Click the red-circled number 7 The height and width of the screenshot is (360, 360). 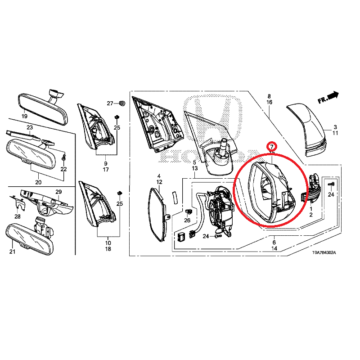pyautogui.click(x=272, y=147)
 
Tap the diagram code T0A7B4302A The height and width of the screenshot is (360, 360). pyautogui.click(x=324, y=253)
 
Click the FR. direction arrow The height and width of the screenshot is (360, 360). pyautogui.click(x=328, y=97)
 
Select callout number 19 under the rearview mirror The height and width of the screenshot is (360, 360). pyautogui.click(x=24, y=116)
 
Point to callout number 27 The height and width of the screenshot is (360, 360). pyautogui.click(x=110, y=103)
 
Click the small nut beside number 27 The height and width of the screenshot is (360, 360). pyautogui.click(x=122, y=103)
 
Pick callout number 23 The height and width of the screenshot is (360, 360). pyautogui.click(x=30, y=127)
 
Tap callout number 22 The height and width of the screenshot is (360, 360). pyautogui.click(x=63, y=169)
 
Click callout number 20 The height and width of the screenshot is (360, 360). pyautogui.click(x=38, y=182)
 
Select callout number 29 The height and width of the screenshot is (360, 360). pyautogui.click(x=58, y=192)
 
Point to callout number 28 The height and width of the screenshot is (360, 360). pyautogui.click(x=18, y=216)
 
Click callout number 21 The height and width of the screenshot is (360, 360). pyautogui.click(x=13, y=252)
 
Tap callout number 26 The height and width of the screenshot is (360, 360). pyautogui.click(x=187, y=220)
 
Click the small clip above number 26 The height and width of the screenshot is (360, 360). pyautogui.click(x=188, y=211)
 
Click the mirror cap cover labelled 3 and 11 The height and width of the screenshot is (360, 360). pyautogui.click(x=307, y=130)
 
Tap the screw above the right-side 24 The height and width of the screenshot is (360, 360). pyautogui.click(x=331, y=184)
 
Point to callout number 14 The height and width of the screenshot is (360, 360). pyautogui.click(x=274, y=248)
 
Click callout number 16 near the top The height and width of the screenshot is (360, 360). pyautogui.click(x=269, y=102)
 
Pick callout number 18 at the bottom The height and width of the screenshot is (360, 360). pyautogui.click(x=108, y=249)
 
